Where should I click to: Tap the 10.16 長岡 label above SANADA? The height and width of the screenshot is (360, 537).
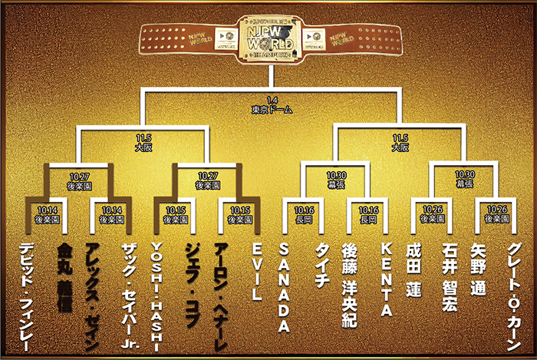[301, 213]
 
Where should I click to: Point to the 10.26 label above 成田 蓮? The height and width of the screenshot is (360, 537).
[431, 213]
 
